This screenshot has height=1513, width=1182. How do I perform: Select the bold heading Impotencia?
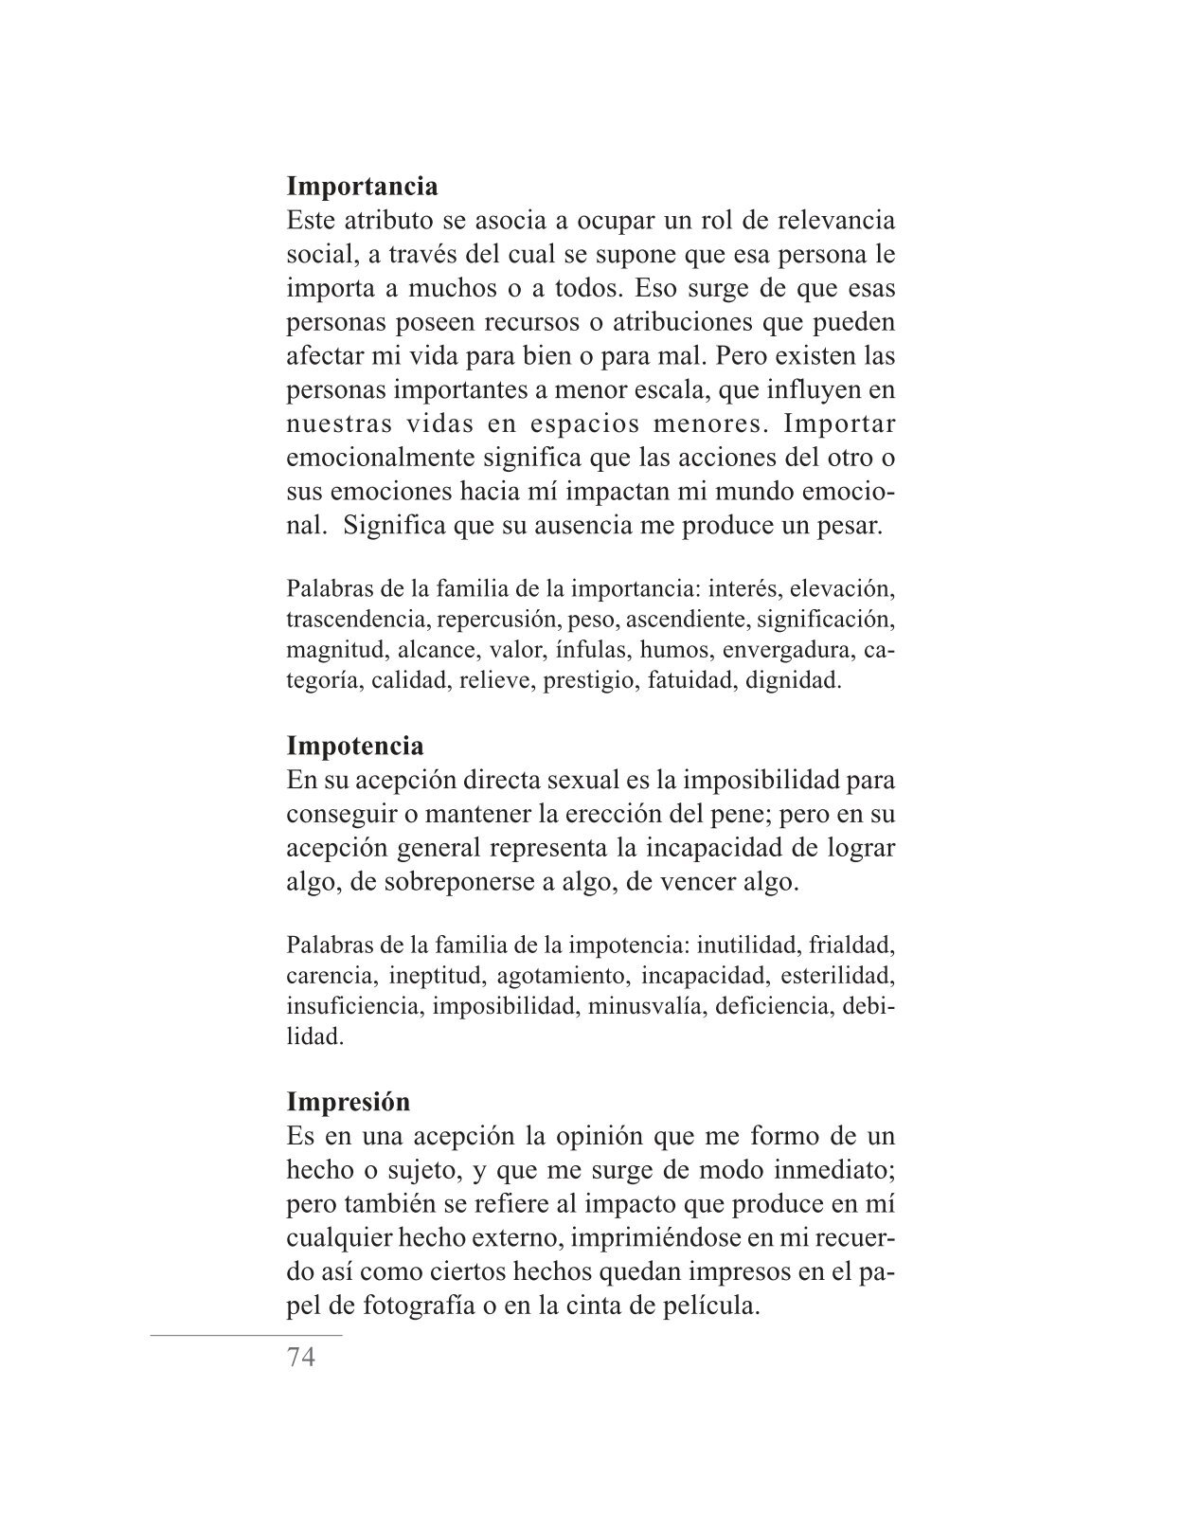click(x=355, y=746)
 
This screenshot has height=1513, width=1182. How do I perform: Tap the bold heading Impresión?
click(x=349, y=1102)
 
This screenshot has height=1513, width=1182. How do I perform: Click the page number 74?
click(x=300, y=1358)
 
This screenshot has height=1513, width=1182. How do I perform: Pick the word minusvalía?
click(x=645, y=1006)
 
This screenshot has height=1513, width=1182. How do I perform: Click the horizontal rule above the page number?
click(x=246, y=1336)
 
